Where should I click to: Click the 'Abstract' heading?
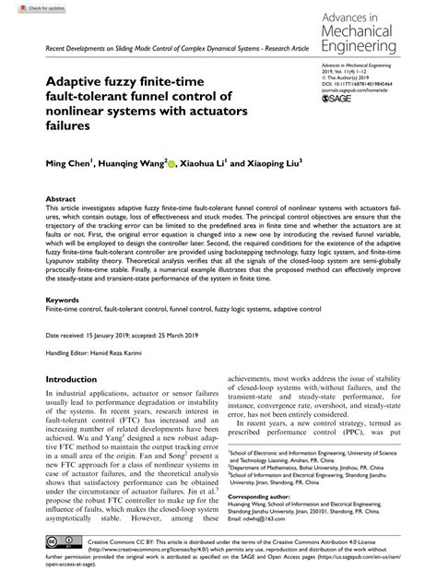(62, 198)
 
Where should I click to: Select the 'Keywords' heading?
(64, 301)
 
